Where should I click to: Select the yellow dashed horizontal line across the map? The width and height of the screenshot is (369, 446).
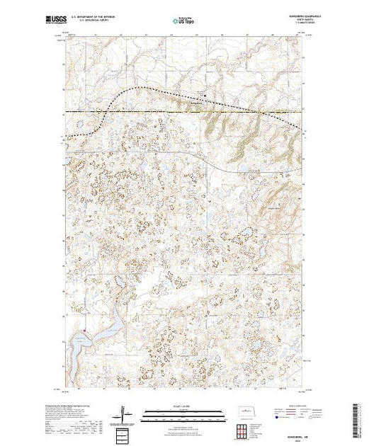177,111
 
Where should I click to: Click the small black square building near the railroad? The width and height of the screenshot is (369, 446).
205,96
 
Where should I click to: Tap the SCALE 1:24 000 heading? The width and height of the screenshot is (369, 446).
183,405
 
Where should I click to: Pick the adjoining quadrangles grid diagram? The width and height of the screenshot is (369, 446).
244,432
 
